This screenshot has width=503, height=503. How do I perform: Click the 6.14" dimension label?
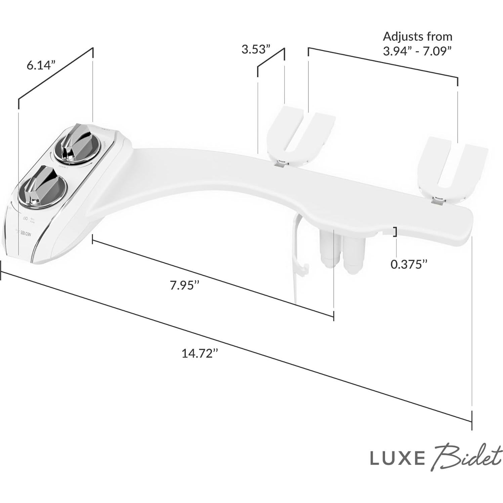tap(41, 65)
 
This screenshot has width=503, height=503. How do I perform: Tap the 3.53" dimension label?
tap(256, 49)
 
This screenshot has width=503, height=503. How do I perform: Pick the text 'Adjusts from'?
tap(418, 36)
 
